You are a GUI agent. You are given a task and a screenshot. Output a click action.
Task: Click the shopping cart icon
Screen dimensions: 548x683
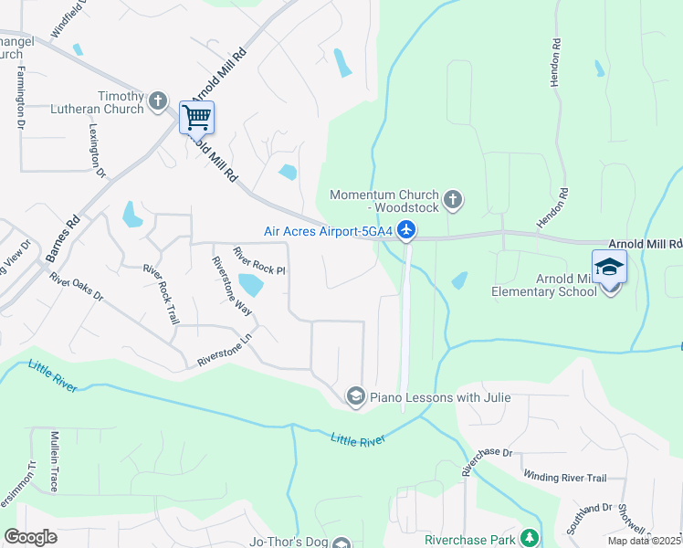coord(196,117)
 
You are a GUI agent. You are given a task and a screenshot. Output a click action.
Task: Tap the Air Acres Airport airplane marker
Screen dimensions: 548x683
coord(407,231)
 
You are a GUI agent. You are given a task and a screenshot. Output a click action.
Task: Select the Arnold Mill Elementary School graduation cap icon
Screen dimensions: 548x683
coord(609,268)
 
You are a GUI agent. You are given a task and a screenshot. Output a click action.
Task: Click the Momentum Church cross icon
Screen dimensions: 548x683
coord(452,199)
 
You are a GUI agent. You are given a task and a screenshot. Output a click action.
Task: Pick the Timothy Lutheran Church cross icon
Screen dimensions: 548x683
coord(158,100)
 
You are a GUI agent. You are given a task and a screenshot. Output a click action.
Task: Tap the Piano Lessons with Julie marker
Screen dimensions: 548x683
coord(355,395)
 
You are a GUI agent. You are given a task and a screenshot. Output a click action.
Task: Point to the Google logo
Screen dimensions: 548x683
coord(31,536)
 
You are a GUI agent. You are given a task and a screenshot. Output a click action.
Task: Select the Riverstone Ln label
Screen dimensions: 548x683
coord(224,351)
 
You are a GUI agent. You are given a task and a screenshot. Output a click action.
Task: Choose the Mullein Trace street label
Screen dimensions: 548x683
coord(54,462)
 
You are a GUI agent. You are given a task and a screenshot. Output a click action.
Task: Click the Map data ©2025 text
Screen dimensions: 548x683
coord(645,541)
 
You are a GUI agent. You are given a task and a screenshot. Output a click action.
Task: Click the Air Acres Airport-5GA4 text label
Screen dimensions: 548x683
coord(328,231)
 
